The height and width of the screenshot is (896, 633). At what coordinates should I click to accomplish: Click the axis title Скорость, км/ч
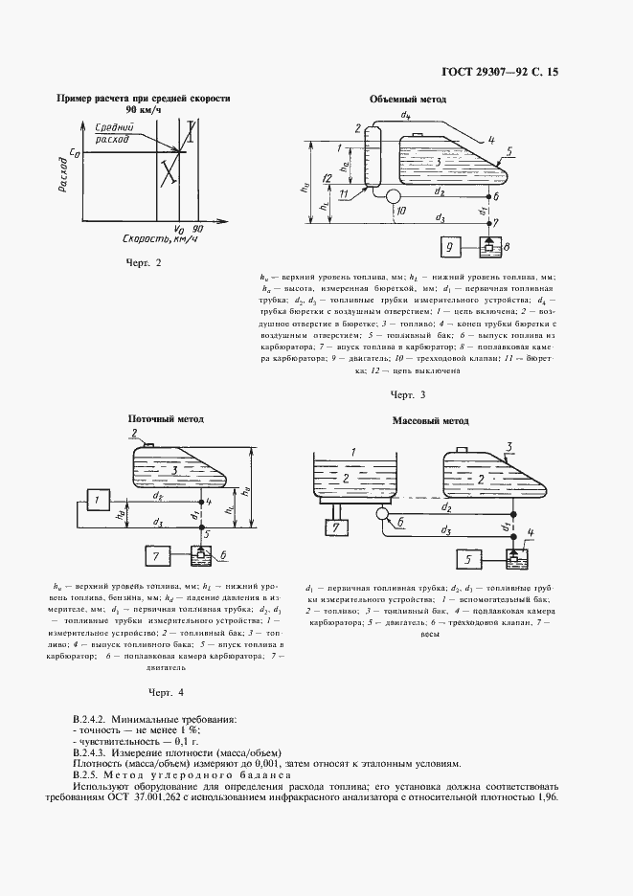[x=134, y=239]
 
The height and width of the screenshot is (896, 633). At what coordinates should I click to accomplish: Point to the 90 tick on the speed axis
[x=198, y=229]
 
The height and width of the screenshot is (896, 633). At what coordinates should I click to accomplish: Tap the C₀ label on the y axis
[x=74, y=151]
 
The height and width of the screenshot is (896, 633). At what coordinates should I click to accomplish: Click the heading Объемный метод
[x=408, y=100]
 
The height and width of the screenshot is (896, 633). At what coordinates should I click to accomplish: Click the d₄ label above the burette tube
[x=406, y=115]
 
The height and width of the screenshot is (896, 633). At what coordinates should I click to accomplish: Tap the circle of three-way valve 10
[x=394, y=196]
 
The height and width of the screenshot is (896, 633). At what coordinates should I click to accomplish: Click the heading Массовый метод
[x=431, y=420]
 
